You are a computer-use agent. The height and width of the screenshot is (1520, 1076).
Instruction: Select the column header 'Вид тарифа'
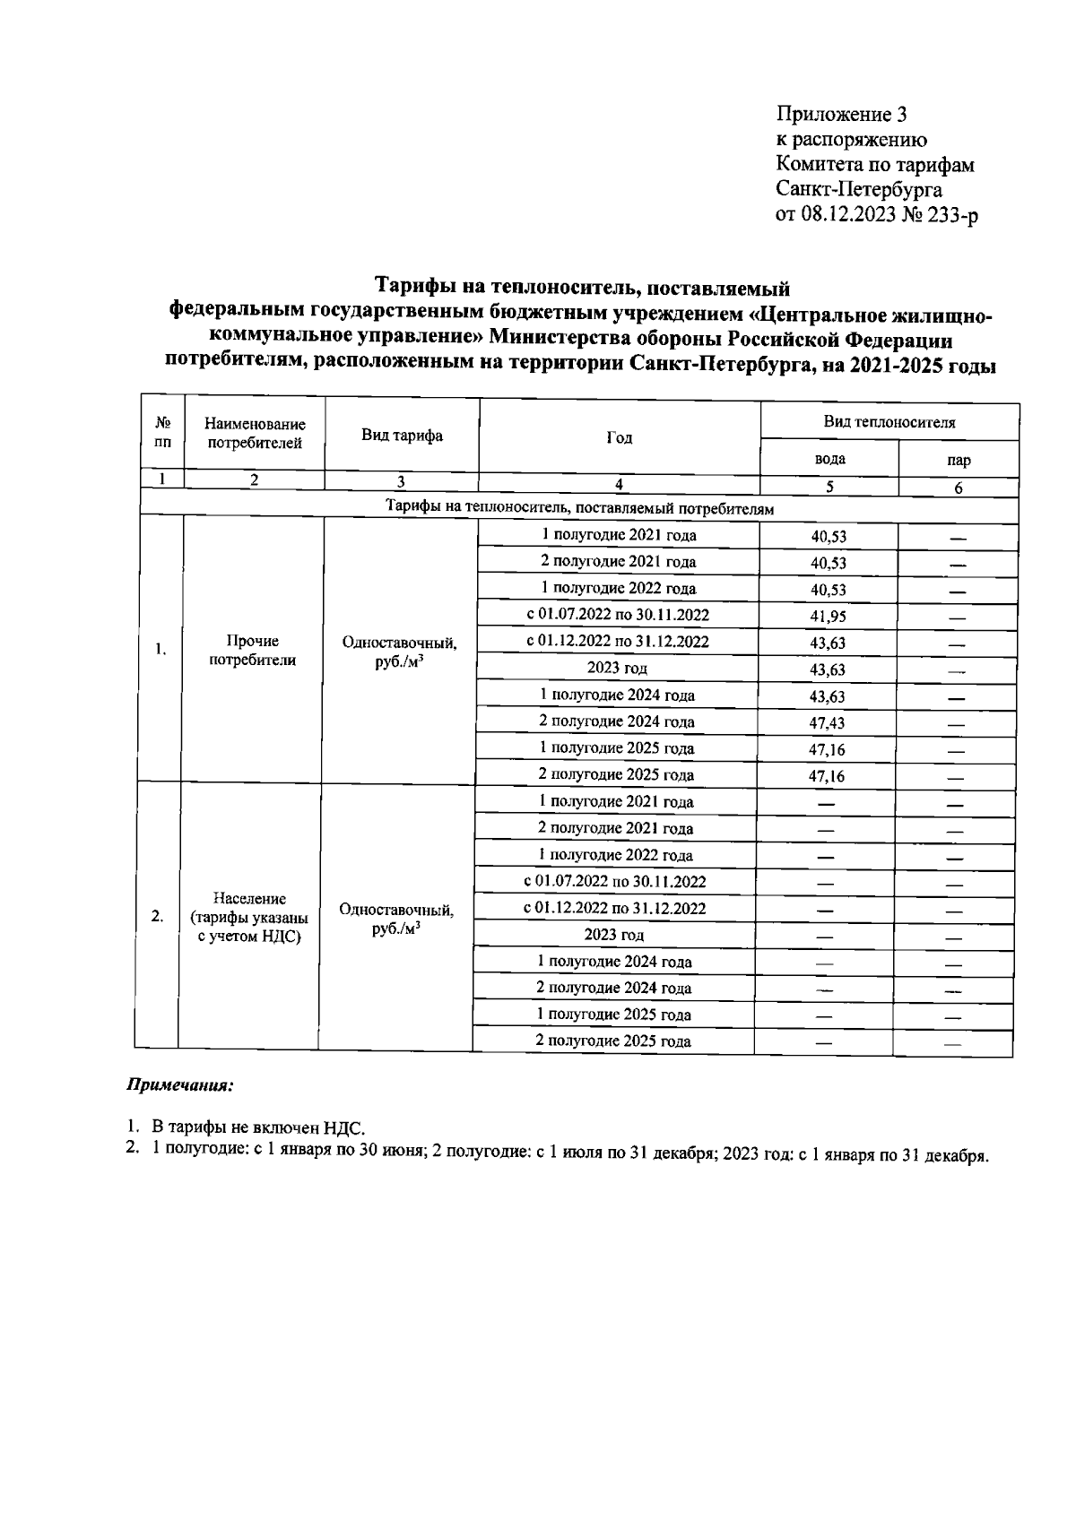(x=402, y=436)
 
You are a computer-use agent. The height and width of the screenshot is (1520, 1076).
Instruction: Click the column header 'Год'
(x=619, y=437)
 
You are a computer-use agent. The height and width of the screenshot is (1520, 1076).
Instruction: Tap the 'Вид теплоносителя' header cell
(x=889, y=422)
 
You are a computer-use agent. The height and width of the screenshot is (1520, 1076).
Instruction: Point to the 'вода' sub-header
(x=829, y=459)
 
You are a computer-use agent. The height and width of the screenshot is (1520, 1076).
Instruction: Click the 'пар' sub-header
(x=958, y=461)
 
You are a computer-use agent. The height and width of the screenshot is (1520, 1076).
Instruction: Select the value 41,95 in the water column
(x=828, y=617)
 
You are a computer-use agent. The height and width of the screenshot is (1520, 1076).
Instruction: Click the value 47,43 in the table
(x=827, y=723)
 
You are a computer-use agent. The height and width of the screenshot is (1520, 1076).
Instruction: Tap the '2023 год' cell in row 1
(x=617, y=669)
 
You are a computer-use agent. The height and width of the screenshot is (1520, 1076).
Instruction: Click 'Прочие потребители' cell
(x=253, y=651)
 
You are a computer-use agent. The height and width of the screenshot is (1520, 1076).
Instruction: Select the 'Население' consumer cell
(x=249, y=917)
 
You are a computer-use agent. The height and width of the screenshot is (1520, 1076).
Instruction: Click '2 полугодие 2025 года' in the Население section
(x=612, y=1041)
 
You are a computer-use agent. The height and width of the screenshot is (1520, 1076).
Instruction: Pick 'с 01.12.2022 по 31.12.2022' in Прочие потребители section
(x=617, y=642)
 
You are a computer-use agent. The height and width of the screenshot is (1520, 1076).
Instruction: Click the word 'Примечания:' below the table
(x=178, y=1085)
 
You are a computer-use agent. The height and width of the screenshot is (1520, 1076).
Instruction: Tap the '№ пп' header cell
(x=163, y=432)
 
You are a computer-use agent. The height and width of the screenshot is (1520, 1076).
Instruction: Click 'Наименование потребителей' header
(x=255, y=433)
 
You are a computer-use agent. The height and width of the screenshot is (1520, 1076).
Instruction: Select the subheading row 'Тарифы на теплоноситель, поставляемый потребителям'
(x=579, y=508)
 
